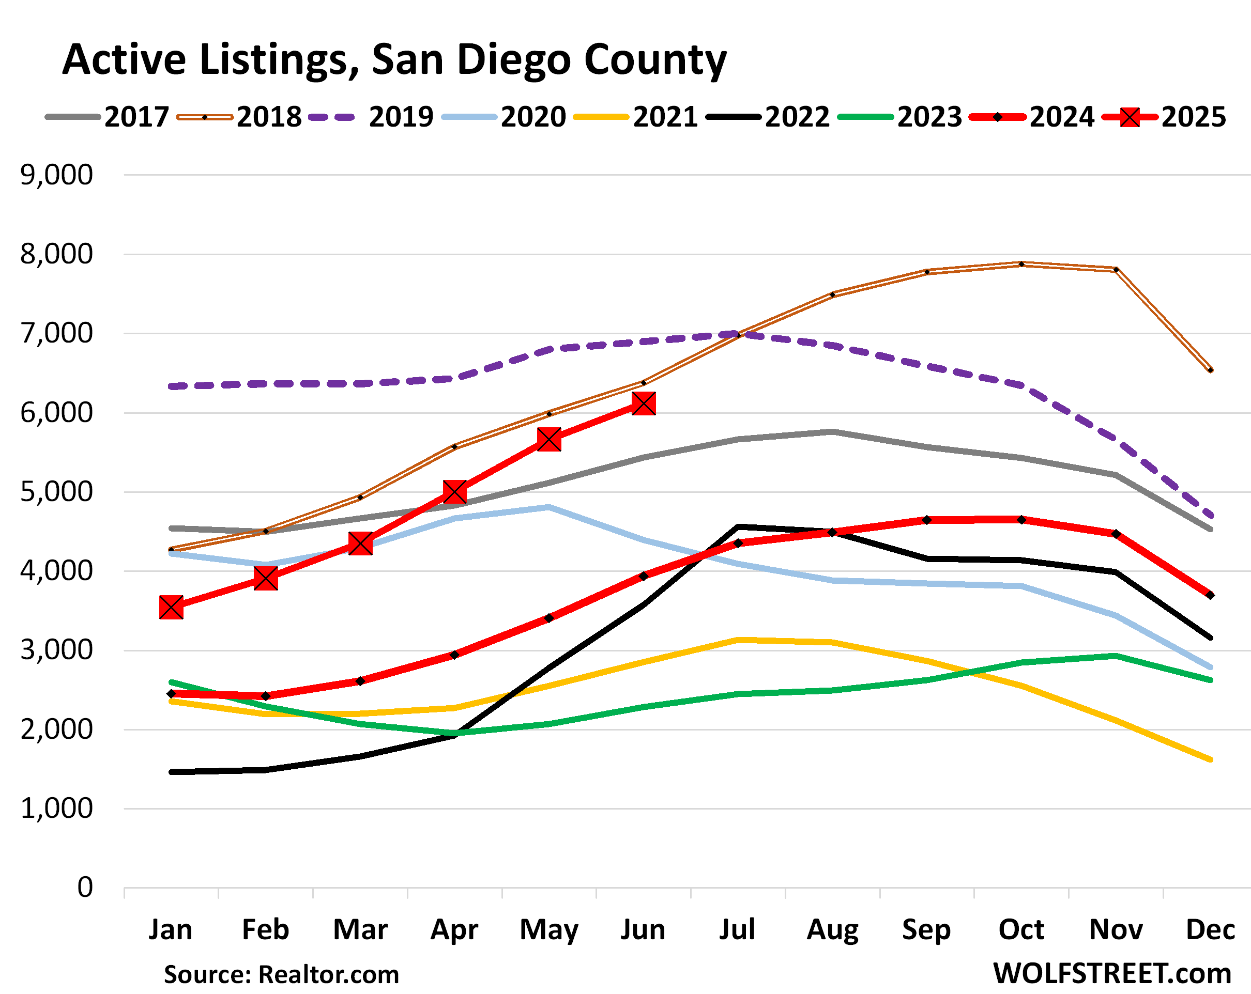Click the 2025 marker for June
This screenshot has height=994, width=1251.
644,403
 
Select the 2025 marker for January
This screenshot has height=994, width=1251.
171,607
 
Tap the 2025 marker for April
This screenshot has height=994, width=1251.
454,492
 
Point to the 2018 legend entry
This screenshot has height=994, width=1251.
239,117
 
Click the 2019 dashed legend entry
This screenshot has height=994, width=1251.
371,117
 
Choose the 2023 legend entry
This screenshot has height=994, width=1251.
900,117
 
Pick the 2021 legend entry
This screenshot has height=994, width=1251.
635,117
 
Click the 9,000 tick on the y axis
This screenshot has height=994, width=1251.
56,175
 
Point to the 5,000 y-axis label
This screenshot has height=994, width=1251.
56,492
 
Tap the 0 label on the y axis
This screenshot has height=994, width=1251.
85,887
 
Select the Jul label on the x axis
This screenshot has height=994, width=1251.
737,929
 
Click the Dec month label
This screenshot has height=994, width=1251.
1210,929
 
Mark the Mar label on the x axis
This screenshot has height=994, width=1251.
360,929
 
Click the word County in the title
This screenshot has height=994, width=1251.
655,60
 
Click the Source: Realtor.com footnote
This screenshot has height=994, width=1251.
281,974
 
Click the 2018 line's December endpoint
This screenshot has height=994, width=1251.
1210,369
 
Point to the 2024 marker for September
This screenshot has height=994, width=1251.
927,520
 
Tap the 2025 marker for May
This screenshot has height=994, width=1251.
549,439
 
